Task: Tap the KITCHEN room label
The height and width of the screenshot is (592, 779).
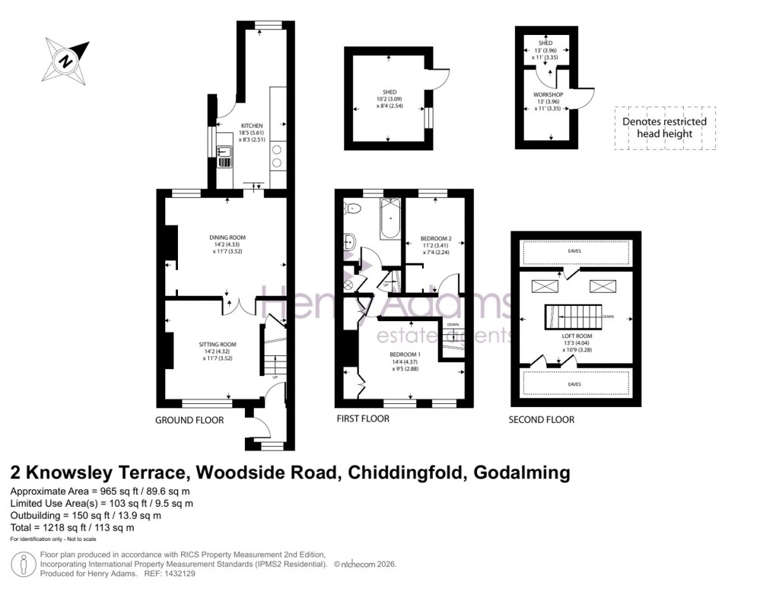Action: [252, 126]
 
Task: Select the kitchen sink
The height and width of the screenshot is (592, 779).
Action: [224, 156]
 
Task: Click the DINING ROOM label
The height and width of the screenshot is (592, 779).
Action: [227, 237]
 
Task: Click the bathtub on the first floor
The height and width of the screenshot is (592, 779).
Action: [388, 220]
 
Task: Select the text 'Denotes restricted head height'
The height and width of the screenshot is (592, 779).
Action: [664, 127]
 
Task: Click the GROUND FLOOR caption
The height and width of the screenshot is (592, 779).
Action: [189, 419]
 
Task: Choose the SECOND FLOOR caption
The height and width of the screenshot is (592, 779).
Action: [542, 419]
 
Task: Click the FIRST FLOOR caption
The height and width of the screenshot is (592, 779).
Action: [363, 419]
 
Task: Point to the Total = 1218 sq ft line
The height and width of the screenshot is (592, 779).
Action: [73, 527]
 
